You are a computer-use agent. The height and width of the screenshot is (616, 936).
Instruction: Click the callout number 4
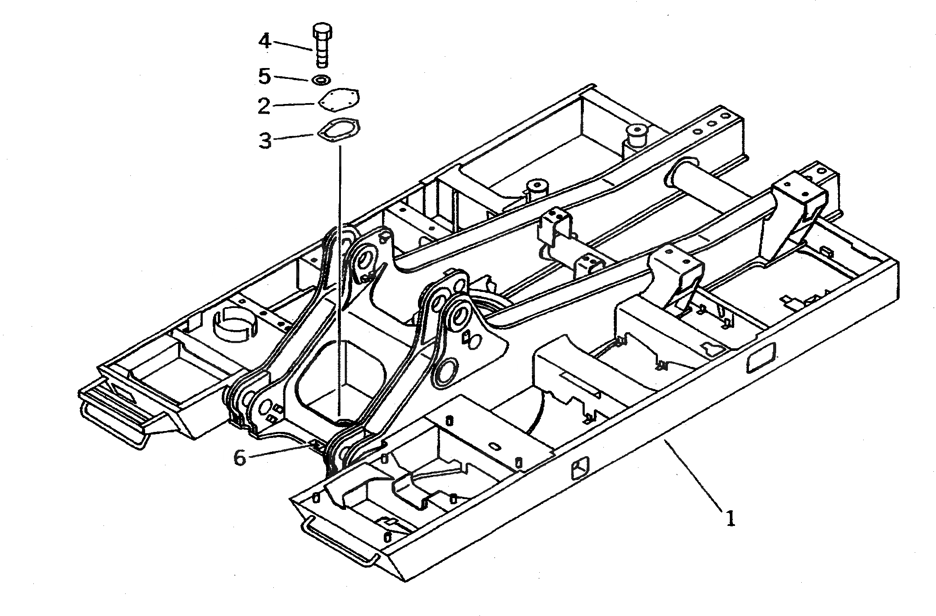click(265, 41)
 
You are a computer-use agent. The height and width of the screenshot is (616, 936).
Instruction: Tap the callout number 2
click(264, 106)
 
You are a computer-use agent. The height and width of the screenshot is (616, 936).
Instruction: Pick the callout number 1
click(730, 518)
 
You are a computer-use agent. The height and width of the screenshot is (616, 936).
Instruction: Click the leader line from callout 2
click(295, 104)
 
